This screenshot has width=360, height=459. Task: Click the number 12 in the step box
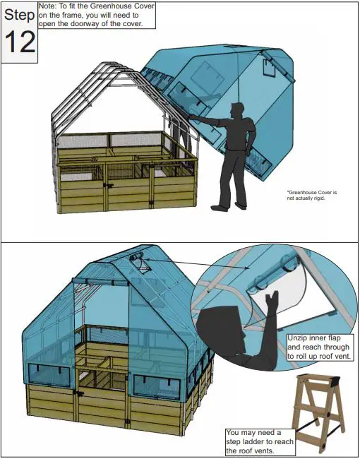pyautogui.click(x=19, y=42)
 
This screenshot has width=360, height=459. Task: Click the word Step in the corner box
pyautogui.click(x=19, y=15)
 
